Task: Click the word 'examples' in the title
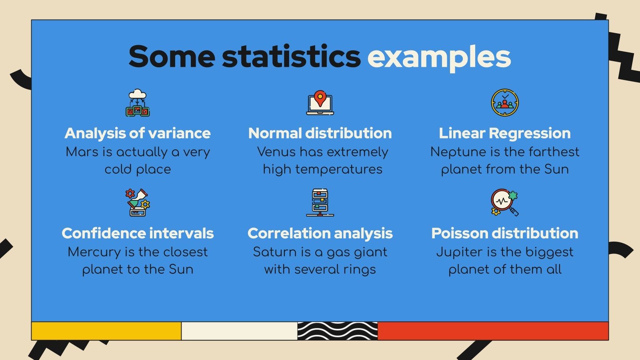coord(439,57)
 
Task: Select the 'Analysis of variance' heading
coord(138,133)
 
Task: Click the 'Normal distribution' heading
coord(320,133)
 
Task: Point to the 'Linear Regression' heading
coord(504,133)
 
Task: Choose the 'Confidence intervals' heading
coord(138,233)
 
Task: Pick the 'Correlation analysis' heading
coord(320,233)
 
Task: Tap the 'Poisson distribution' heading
coord(504,233)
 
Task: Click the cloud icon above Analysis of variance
coord(138,103)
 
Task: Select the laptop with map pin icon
coord(320,103)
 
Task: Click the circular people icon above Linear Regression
coord(505,103)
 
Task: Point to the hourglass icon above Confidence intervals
coord(138,202)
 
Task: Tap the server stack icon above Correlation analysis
coord(320,202)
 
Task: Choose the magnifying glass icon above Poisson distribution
coord(504,202)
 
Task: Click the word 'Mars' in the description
coord(82,152)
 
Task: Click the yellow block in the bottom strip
coord(106,331)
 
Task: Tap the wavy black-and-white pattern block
coord(337,331)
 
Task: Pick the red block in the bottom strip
coord(493,331)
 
